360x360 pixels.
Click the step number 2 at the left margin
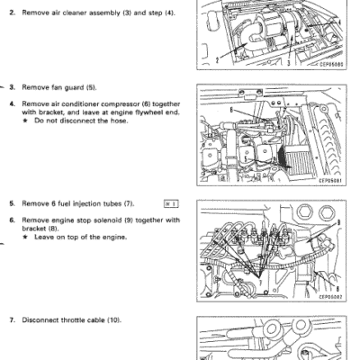click(x=12, y=13)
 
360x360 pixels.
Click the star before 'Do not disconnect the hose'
click(x=25, y=121)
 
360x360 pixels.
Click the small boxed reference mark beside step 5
click(x=171, y=204)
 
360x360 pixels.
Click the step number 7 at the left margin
click(x=12, y=320)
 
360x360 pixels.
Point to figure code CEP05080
click(x=331, y=64)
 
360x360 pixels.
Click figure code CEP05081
click(x=330, y=181)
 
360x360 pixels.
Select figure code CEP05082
click(x=330, y=297)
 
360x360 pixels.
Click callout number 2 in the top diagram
click(x=217, y=60)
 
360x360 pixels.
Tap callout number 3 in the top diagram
click(x=289, y=63)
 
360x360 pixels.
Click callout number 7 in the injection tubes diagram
click(x=260, y=283)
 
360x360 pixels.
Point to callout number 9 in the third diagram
click(x=338, y=222)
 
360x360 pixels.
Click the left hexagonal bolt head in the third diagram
click(x=305, y=212)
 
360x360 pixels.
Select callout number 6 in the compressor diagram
click(x=231, y=110)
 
